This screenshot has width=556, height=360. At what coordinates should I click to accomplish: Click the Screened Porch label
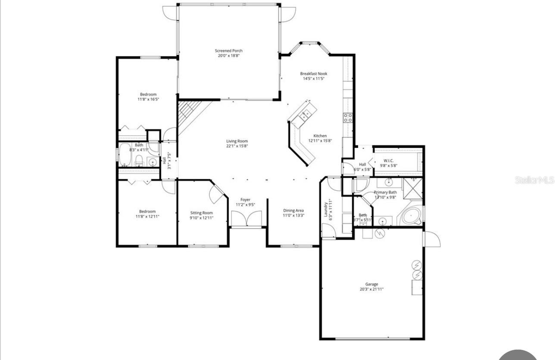pos(229,50)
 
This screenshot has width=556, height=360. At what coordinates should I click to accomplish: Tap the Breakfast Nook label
pos(313,74)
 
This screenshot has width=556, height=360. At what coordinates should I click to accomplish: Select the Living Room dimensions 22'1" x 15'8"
pos(237,146)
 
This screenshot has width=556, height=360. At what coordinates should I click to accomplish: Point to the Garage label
pos(372,284)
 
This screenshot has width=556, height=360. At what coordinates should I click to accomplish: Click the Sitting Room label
pos(202,213)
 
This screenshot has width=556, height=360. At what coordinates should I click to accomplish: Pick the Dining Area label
pos(294,210)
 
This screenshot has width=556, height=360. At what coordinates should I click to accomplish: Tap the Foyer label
pos(245,200)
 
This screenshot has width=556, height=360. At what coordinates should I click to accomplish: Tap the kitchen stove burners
pos(347,117)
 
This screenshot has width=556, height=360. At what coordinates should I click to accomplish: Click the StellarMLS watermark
pos(534,180)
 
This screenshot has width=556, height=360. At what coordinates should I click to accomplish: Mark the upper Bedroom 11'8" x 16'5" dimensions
pos(148,99)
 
